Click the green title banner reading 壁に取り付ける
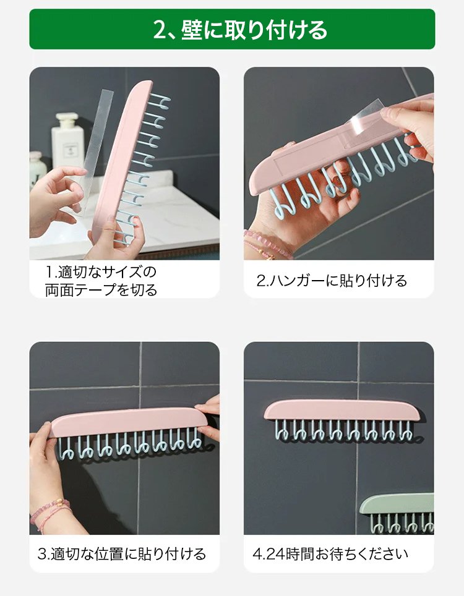pyautogui.click(x=232, y=29)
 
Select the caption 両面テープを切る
pyautogui.click(x=101, y=291)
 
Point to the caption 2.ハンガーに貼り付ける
pyautogui.click(x=332, y=281)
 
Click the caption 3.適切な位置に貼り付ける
pyautogui.click(x=122, y=553)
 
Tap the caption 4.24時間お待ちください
pyautogui.click(x=330, y=553)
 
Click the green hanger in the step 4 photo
pyautogui.click(x=397, y=513)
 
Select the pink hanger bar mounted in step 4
pyautogui.click(x=342, y=410)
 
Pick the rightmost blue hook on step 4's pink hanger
pyautogui.click(x=406, y=432)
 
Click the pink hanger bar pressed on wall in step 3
pyautogui.click(x=129, y=422)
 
